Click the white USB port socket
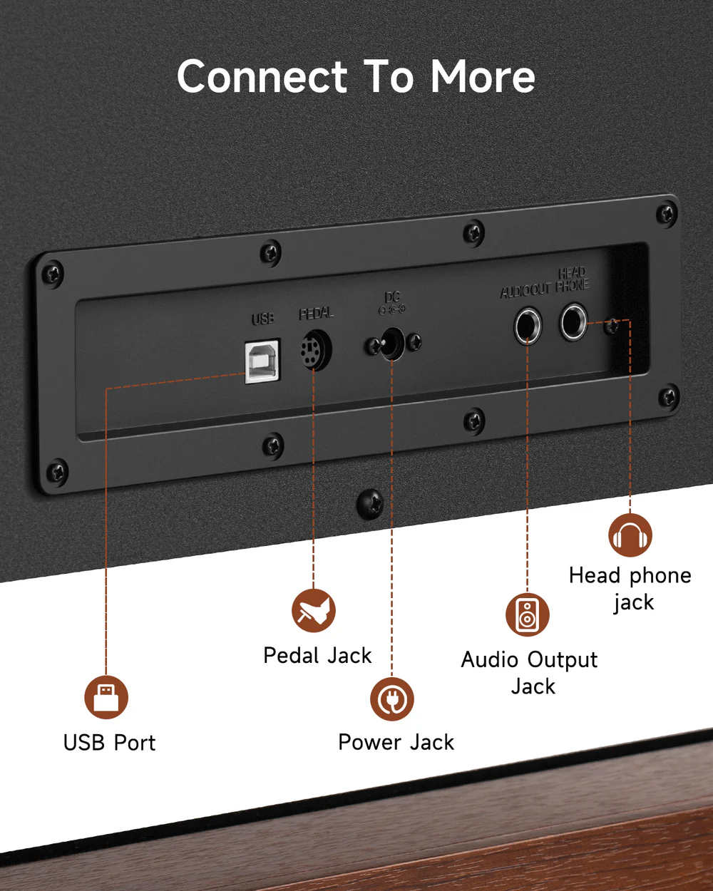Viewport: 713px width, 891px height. pyautogui.click(x=262, y=361)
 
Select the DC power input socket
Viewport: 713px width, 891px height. pyautogui.click(x=391, y=344)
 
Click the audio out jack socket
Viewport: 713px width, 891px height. pyautogui.click(x=528, y=326)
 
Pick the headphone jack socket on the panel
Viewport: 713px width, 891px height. pyautogui.click(x=573, y=321)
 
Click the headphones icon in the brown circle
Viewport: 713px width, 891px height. pyautogui.click(x=630, y=535)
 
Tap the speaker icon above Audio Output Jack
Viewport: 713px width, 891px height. pyautogui.click(x=528, y=614)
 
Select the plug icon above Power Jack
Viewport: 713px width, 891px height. pyautogui.click(x=391, y=699)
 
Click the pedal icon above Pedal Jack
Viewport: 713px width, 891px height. pyautogui.click(x=313, y=611)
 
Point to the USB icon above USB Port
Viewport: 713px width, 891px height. pyautogui.click(x=106, y=697)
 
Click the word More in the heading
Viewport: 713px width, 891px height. pyautogui.click(x=483, y=77)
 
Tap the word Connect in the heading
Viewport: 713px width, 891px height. pyautogui.click(x=262, y=77)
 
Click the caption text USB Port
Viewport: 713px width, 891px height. pyautogui.click(x=109, y=743)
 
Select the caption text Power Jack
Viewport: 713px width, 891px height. pyautogui.click(x=396, y=742)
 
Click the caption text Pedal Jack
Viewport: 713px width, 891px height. pyautogui.click(x=317, y=655)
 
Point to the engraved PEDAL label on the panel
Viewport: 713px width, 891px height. pyautogui.click(x=316, y=314)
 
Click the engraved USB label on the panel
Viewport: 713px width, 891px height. pyautogui.click(x=262, y=319)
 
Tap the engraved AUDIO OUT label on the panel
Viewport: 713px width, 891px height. pyautogui.click(x=525, y=290)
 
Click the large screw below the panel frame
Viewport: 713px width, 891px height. pyautogui.click(x=370, y=504)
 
